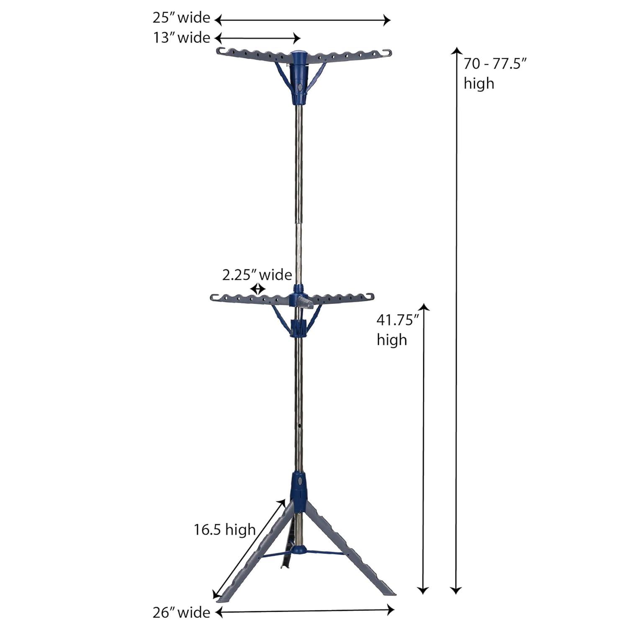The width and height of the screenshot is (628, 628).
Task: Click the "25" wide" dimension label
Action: tap(181, 18)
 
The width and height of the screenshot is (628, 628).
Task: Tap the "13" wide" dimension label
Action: tap(181, 38)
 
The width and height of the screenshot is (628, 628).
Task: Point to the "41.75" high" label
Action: tap(397, 330)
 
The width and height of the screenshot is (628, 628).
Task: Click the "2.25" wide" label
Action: tap(257, 275)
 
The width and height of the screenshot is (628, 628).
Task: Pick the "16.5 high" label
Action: tap(224, 530)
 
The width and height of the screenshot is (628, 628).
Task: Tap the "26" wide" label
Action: tap(181, 613)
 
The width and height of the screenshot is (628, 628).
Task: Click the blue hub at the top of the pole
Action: tap(299, 77)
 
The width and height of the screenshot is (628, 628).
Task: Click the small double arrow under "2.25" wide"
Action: tap(258, 289)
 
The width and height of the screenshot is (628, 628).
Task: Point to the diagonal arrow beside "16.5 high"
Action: tap(249, 548)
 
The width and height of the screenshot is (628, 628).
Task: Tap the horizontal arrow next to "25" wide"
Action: tap(302, 20)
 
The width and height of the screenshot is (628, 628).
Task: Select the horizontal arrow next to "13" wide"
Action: tap(257, 39)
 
